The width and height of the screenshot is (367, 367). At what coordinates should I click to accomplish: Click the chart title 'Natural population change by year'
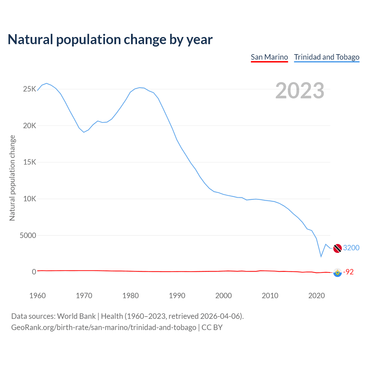[110, 40]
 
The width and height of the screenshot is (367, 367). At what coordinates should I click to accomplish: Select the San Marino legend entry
[269, 57]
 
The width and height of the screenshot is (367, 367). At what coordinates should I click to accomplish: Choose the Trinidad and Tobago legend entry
[327, 57]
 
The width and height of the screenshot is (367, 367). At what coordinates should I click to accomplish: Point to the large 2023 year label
[300, 91]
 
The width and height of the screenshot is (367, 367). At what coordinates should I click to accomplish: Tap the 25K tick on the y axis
[30, 89]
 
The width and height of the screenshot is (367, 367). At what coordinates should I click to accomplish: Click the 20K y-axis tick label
[30, 126]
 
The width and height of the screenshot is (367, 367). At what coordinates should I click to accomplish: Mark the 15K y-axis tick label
[30, 162]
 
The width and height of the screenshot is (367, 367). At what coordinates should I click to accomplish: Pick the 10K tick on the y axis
[30, 199]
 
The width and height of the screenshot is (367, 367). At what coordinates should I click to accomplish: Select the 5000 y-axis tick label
[28, 235]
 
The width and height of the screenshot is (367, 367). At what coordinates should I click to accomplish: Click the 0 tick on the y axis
[34, 272]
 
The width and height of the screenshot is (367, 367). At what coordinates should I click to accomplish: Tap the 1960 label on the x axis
[38, 296]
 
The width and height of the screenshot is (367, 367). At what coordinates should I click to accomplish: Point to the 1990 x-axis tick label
[177, 296]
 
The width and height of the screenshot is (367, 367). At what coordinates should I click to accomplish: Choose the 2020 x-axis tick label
[316, 296]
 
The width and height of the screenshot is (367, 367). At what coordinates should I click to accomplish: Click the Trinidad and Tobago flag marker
[337, 248]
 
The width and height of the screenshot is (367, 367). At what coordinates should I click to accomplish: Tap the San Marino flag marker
[337, 272]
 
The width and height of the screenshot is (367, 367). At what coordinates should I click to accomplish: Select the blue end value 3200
[351, 248]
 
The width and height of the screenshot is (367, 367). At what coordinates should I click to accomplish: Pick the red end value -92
[348, 272]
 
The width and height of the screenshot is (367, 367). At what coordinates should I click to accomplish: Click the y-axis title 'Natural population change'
[12, 178]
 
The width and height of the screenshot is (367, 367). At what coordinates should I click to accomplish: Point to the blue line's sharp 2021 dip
[321, 256]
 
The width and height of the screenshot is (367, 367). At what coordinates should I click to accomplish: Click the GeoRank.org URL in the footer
[104, 327]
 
